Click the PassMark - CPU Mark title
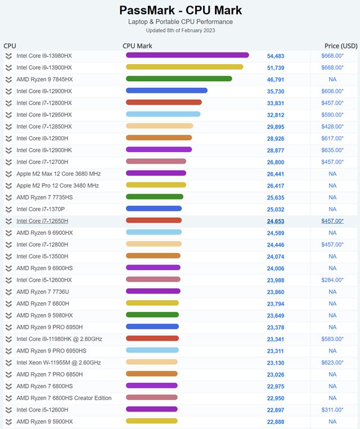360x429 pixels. click(x=181, y=10)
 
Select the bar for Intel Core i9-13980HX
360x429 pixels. click(x=187, y=55)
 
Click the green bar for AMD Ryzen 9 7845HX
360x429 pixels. click(x=179, y=79)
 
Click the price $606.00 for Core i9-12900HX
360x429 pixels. click(x=332, y=91)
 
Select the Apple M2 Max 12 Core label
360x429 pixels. click(x=58, y=174)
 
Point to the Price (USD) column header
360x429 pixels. click(x=341, y=46)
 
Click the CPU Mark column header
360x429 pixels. click(x=137, y=46)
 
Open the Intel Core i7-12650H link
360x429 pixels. click(x=42, y=221)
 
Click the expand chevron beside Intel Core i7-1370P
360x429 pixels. click(x=8, y=209)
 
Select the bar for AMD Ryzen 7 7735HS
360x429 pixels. click(x=155, y=197)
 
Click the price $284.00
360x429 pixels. click(x=332, y=280)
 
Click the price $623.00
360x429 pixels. click(x=332, y=363)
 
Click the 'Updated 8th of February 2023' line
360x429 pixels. click(x=180, y=30)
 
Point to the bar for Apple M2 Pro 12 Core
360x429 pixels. click(x=156, y=185)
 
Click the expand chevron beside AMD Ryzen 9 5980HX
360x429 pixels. click(x=8, y=315)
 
